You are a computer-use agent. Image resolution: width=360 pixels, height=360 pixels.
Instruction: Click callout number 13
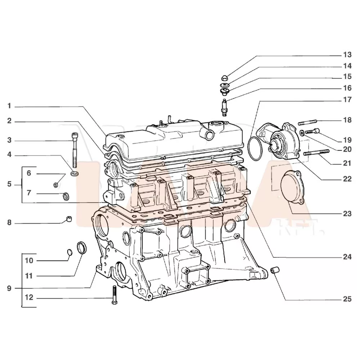pyautogui.click(x=347, y=55)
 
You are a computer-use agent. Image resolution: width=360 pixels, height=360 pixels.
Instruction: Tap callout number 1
pyautogui.click(x=10, y=106)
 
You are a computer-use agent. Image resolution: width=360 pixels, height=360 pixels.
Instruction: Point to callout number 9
pyautogui.click(x=10, y=288)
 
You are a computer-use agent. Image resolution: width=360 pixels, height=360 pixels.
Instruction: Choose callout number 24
pyautogui.click(x=347, y=257)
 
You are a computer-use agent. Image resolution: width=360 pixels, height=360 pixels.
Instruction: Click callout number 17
pyautogui.click(x=347, y=100)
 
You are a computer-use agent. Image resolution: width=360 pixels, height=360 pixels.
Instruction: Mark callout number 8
pyautogui.click(x=10, y=223)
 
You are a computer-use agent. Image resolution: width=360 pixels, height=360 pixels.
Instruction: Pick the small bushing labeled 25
pyautogui.click(x=275, y=269)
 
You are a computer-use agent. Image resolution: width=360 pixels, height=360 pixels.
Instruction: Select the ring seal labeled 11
pyautogui.click(x=82, y=248)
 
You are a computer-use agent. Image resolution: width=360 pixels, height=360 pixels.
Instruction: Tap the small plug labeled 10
pyautogui.click(x=70, y=251)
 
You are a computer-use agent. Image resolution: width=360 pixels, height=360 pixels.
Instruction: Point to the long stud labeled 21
pyautogui.click(x=316, y=153)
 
